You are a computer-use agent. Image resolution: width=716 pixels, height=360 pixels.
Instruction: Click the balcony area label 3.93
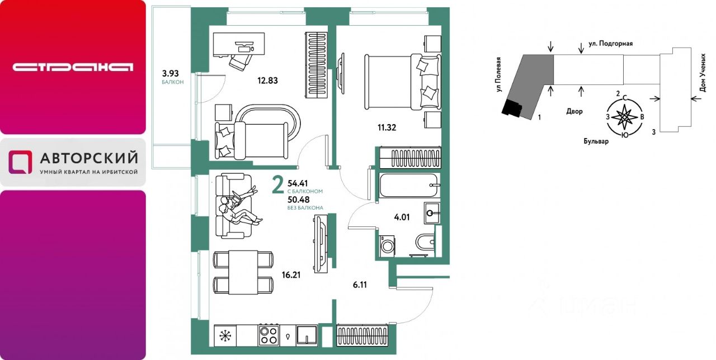(x=171, y=74)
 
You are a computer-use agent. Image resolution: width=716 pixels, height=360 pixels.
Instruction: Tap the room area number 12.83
(x=267, y=81)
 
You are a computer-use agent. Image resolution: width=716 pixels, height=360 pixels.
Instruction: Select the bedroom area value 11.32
(x=387, y=128)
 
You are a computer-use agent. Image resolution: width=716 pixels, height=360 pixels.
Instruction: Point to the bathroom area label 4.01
(x=402, y=217)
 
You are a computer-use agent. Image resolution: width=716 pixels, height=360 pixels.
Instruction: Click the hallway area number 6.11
(x=360, y=285)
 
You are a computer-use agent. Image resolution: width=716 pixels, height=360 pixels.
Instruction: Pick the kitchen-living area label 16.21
(x=291, y=275)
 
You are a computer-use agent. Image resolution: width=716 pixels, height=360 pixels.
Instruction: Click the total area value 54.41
(x=298, y=183)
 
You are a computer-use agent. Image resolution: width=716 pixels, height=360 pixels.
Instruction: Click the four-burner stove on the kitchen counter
(x=268, y=335)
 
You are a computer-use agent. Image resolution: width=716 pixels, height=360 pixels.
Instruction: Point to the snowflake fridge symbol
(x=225, y=336)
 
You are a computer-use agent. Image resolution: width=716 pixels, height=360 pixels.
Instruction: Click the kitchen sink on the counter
(x=307, y=335)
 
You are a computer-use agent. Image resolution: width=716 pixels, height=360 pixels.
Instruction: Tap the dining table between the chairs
(x=243, y=272)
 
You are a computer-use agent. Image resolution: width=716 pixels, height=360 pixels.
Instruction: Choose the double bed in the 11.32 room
(x=403, y=82)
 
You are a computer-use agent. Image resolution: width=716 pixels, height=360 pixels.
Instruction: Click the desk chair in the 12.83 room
(x=241, y=61)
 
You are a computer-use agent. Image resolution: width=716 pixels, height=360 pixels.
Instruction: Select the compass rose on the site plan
(x=624, y=117)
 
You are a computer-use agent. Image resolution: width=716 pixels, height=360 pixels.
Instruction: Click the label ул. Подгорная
(x=610, y=44)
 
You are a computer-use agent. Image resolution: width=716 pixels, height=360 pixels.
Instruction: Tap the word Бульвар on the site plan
(x=596, y=141)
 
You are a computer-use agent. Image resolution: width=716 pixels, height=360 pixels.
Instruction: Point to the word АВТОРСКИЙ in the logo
(x=89, y=158)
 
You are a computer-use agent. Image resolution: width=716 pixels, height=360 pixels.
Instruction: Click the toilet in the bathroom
(x=426, y=243)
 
